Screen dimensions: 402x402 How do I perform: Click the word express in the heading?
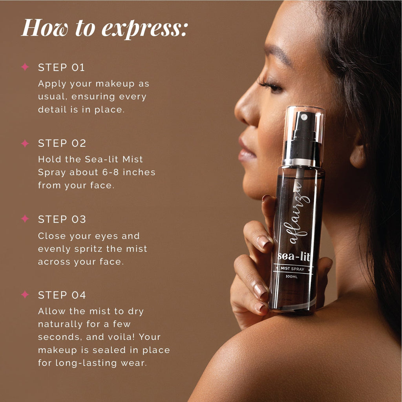pyautogui.click(x=145, y=29)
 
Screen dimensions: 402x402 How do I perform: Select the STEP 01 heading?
pyautogui.click(x=61, y=68)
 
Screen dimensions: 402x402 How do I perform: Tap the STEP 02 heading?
pyautogui.click(x=62, y=143)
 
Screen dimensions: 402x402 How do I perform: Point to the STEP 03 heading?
pyautogui.click(x=62, y=219)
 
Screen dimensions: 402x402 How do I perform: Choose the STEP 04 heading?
pyautogui.click(x=62, y=295)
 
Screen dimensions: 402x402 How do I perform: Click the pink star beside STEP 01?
pyautogui.click(x=25, y=67)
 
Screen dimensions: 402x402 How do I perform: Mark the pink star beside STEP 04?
pyautogui.click(x=25, y=294)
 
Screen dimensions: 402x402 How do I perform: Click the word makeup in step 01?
pyautogui.click(x=115, y=84)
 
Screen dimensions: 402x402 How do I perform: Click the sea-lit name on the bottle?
pyautogui.click(x=294, y=256)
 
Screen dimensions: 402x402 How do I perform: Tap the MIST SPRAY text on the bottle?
pyautogui.click(x=292, y=269)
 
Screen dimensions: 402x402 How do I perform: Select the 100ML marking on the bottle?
pyautogui.click(x=292, y=277)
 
